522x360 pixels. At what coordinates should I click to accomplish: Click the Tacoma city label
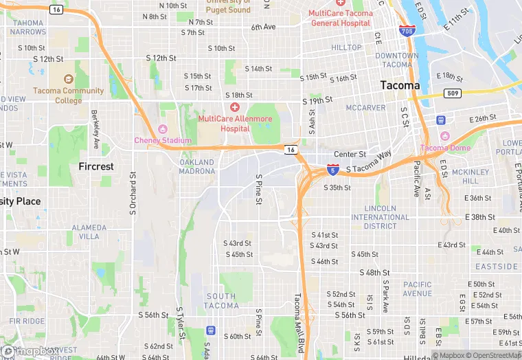400,85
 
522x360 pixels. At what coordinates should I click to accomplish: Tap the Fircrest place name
96,166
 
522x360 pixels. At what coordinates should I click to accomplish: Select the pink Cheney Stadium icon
163,129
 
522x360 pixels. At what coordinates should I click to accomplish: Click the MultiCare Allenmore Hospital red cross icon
235,107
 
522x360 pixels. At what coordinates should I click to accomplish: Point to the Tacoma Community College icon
68,80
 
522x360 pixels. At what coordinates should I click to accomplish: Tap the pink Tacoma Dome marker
444,137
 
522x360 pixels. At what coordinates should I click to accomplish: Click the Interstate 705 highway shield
406,30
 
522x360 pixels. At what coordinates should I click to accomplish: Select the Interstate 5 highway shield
332,168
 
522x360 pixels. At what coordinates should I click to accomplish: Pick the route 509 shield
453,93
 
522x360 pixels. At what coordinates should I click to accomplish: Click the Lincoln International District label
374,217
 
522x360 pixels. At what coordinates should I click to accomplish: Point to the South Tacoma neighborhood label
220,301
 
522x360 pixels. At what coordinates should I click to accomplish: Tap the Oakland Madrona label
197,167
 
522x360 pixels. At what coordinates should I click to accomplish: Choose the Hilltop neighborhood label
346,47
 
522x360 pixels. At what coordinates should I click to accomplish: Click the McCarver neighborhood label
365,108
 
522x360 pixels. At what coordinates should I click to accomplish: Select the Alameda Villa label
89,232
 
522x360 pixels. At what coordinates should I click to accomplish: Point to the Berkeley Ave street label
95,129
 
